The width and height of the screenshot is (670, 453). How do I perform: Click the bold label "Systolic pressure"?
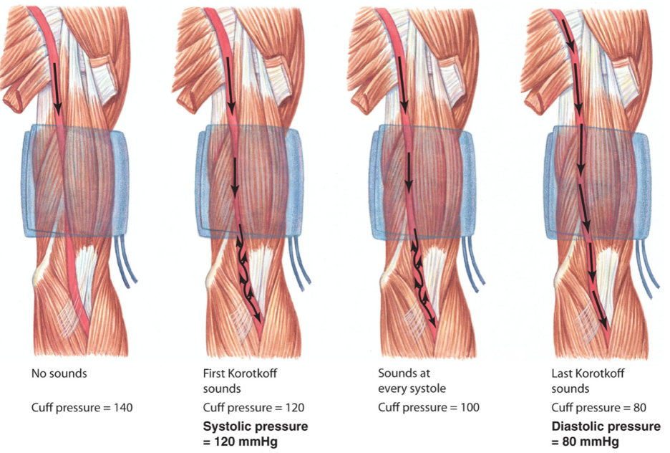coord(256,426)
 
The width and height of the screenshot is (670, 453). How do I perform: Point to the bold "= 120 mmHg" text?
coord(241,441)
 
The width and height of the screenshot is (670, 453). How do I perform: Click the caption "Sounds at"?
coord(404,373)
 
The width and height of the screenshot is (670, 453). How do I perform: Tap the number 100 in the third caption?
coord(470,408)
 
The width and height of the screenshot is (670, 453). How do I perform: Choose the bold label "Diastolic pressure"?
coord(606,426)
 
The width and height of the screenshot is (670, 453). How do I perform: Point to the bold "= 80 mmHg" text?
coord(585,441)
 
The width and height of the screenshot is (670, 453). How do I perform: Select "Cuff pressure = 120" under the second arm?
coord(254,408)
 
